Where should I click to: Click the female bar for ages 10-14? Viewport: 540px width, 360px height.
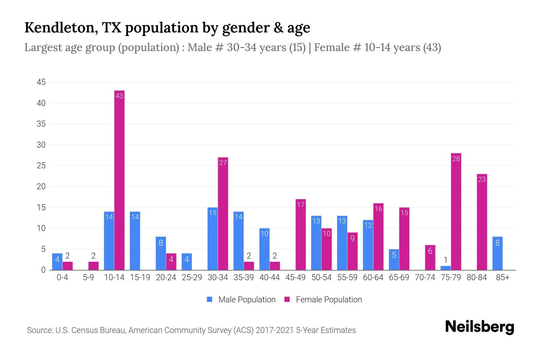119,180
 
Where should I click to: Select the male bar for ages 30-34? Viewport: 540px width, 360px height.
212,239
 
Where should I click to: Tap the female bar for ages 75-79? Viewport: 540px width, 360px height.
456,211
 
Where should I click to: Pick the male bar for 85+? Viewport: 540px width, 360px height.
497,253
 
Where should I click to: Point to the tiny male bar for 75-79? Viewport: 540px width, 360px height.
446,268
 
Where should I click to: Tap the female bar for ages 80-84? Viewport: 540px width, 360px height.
482,222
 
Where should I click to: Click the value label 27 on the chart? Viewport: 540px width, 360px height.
223,163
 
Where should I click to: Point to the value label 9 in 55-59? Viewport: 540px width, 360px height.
352,239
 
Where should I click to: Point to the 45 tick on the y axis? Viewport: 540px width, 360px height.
41,82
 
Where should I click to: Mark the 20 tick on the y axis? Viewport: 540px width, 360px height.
41,187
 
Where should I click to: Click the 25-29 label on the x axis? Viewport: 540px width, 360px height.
192,277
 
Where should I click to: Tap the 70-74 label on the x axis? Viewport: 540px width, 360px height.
425,277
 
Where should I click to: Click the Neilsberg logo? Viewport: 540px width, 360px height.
479,327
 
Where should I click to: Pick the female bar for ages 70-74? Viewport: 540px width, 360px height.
430,258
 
